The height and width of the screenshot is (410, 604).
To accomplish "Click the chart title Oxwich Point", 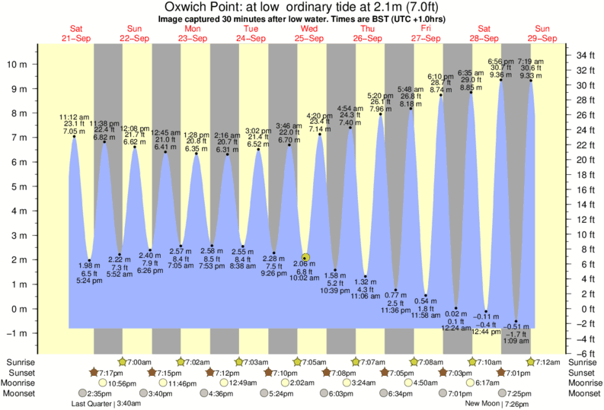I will coord(301,7).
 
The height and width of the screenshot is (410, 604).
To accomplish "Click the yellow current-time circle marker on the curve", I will coord(305,259).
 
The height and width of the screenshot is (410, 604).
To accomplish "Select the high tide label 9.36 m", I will coord(500,75).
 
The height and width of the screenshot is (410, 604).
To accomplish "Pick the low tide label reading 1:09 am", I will coord(517,342).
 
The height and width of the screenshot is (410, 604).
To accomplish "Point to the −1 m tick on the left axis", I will coord(17,333).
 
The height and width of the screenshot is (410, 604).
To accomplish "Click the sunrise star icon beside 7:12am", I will coord(532,361).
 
